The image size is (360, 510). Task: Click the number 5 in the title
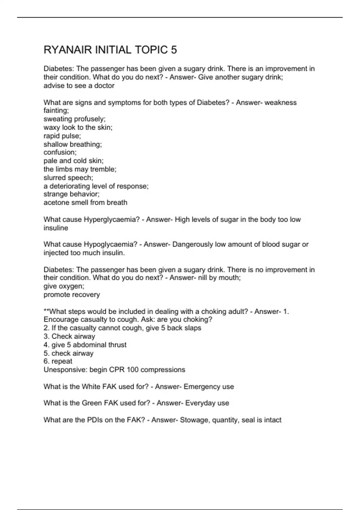pyautogui.click(x=174, y=50)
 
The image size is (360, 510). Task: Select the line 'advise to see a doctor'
pyautogui.click(x=79, y=86)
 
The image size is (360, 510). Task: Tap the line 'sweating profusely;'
pyautogui.click(x=74, y=119)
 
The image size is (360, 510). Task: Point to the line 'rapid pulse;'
pyautogui.click(x=62, y=136)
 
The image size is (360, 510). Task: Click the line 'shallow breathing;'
pyautogui.click(x=73, y=144)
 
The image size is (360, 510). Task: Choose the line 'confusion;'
pyautogui.click(x=60, y=152)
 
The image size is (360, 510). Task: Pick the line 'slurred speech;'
pyautogui.click(x=68, y=178)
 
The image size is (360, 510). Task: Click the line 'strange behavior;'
pyautogui.click(x=71, y=194)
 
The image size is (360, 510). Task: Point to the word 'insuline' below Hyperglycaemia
pyautogui.click(x=56, y=228)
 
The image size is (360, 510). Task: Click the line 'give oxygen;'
pyautogui.click(x=64, y=286)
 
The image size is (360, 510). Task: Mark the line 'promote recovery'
pyautogui.click(x=72, y=295)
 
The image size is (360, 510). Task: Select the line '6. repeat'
pyautogui.click(x=58, y=361)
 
